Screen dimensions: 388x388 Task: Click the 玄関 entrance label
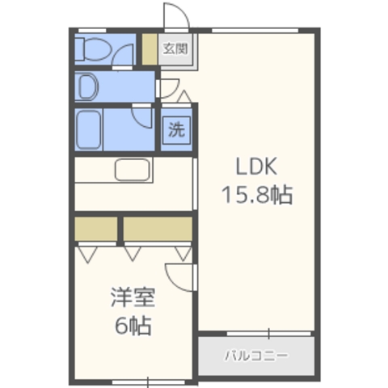tap(175, 48)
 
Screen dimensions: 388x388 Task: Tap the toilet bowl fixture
tap(93, 49)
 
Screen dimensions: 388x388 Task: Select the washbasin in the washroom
tap(88, 86)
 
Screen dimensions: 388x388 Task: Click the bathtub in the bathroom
tap(89, 129)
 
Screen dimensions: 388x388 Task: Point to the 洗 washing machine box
tap(176, 130)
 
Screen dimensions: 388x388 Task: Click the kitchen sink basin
tap(132, 170)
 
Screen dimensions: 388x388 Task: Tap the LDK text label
tap(256, 167)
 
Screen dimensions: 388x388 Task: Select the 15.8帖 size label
tap(257, 195)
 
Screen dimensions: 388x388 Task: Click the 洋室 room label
tap(133, 297)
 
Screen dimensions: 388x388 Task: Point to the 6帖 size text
tap(133, 326)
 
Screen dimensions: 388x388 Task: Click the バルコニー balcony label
tap(256, 356)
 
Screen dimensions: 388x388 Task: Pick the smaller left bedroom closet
tap(95, 229)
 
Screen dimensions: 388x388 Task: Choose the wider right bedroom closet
tap(158, 229)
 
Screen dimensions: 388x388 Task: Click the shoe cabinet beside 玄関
tap(150, 49)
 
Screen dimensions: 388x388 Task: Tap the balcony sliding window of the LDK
tap(268, 334)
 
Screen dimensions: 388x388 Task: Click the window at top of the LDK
tap(255, 30)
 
